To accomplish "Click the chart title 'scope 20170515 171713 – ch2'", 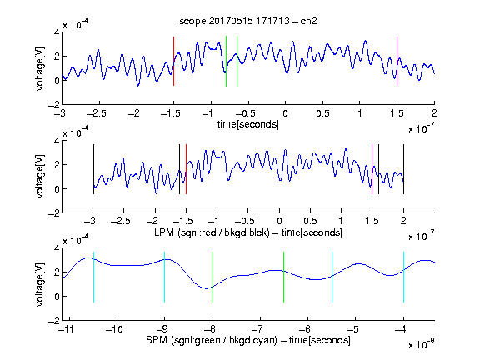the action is (x=248, y=21).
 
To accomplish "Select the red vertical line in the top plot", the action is (x=173, y=61).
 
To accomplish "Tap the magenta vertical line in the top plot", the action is (x=397, y=61).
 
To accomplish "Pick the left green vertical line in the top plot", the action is (x=226, y=61).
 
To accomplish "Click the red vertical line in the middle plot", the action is (x=186, y=169).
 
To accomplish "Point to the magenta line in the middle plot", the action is (x=372, y=169).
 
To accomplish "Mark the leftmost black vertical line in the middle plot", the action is (x=93, y=169).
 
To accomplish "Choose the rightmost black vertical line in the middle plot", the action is (x=403, y=169).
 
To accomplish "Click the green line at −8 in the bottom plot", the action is (x=212, y=277).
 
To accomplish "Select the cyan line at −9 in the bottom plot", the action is (x=165, y=277).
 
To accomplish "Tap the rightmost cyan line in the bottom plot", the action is (x=403, y=277).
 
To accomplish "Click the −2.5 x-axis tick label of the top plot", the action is (x=97, y=113).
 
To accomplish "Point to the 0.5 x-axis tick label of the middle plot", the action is (x=310, y=221).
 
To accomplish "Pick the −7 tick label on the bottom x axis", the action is (x=257, y=329).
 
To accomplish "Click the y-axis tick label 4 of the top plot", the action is (x=57, y=32).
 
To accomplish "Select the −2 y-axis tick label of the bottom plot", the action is (x=54, y=321).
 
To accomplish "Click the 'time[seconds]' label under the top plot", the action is (x=248, y=124).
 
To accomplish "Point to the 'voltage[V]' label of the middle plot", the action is (x=40, y=177).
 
